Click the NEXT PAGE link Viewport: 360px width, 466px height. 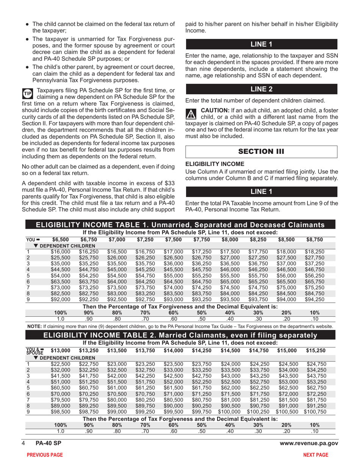point(324,455)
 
